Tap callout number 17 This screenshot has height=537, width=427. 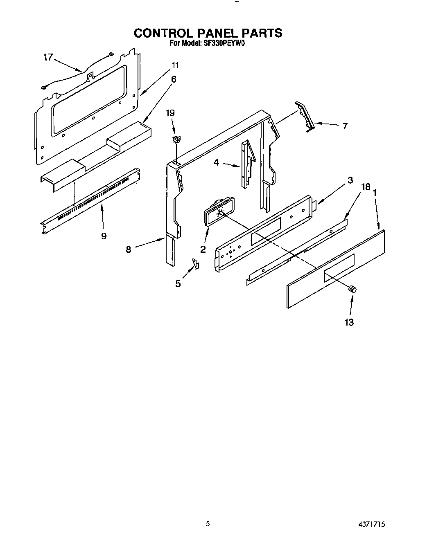tap(48, 57)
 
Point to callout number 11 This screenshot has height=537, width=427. tap(175, 65)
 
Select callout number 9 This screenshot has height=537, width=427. tap(104, 236)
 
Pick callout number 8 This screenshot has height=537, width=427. tap(129, 249)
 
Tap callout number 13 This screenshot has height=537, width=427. tap(349, 322)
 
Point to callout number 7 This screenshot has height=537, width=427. tap(345, 126)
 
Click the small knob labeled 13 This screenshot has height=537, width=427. tap(352, 289)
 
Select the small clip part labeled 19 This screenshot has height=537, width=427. tap(176, 140)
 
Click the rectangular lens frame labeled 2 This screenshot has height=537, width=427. tap(217, 211)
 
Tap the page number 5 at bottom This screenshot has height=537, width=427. tap(208, 523)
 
